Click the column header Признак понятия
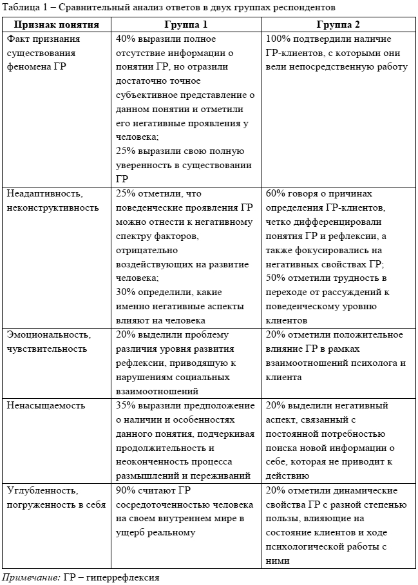pyautogui.click(x=57, y=24)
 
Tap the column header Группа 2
pyautogui.click(x=338, y=24)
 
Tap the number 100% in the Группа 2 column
pyautogui.click(x=279, y=39)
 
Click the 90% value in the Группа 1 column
pyautogui.click(x=126, y=490)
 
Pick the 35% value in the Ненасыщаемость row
pyautogui.click(x=126, y=406)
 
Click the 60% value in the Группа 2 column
pyautogui.click(x=276, y=193)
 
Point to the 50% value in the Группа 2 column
pyautogui.click(x=276, y=278)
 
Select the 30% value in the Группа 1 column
pyautogui.click(x=126, y=292)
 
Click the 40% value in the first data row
pyautogui.click(x=126, y=39)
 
